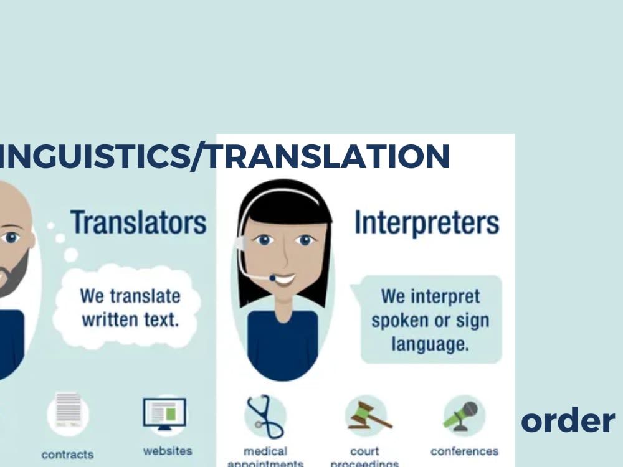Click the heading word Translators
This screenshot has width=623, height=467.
point(138,222)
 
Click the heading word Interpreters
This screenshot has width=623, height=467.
point(427,224)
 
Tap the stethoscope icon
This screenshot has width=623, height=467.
point(264,416)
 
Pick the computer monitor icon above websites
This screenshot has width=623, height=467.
point(164,413)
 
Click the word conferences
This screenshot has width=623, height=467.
point(464,451)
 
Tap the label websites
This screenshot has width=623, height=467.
point(168,450)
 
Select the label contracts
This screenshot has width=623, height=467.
point(67,455)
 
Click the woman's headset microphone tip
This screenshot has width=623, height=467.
point(272,278)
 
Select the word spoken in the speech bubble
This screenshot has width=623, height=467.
point(399,321)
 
